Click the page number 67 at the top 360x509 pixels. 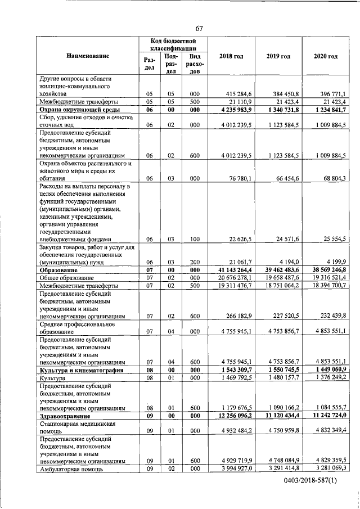tap(199, 29)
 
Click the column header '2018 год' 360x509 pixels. tap(231, 57)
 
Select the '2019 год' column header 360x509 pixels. tap(278, 57)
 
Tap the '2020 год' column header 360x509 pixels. tap(325, 57)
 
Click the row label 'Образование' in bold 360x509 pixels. tap(58, 271)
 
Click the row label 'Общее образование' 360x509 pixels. tap(66, 278)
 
